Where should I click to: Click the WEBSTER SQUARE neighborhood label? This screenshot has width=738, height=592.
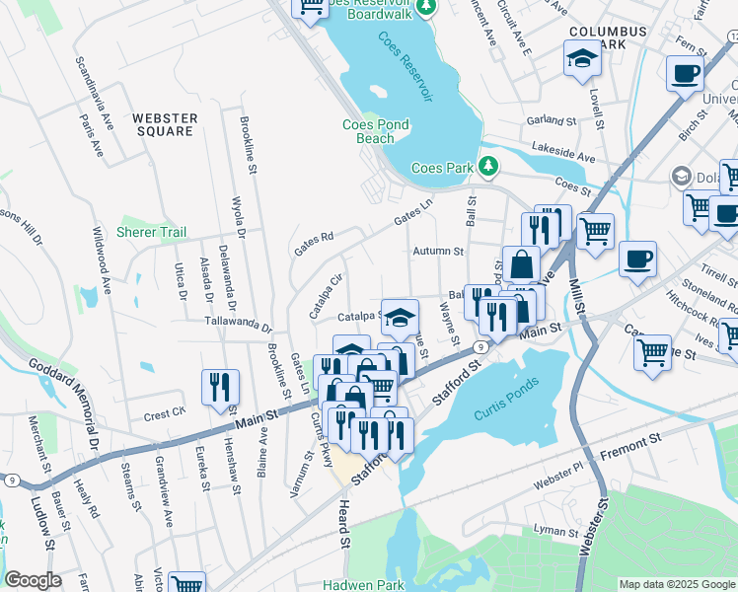166,124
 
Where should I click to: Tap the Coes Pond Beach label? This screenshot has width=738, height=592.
375,131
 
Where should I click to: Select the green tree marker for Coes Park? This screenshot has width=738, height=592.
487,166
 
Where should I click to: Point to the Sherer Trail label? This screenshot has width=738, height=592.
151,232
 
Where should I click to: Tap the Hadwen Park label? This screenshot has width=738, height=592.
364,584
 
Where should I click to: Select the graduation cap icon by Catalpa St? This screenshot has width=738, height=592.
400,317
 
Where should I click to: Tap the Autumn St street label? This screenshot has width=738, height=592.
438,252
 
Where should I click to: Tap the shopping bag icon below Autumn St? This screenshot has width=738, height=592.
521,264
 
